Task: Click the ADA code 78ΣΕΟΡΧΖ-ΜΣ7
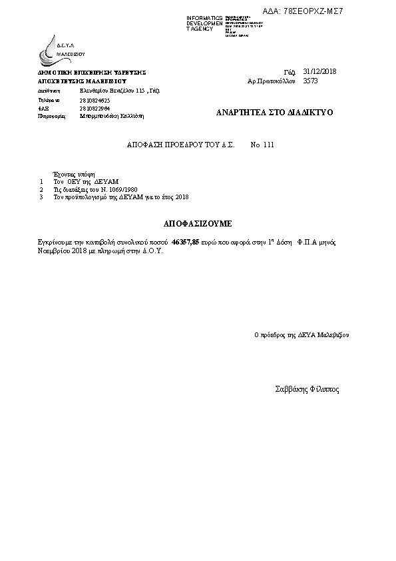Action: (312, 11)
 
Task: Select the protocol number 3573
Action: (310, 81)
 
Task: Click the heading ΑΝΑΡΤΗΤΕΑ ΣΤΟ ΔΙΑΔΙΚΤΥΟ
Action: (274, 113)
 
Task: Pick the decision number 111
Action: (268, 145)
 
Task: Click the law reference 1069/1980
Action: (114, 189)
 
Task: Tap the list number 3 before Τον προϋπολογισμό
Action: (41, 197)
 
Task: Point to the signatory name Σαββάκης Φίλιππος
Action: (307, 390)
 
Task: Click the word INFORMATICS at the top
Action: (204, 18)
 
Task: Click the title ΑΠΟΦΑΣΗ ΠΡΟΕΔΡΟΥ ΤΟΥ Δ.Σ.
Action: (180, 145)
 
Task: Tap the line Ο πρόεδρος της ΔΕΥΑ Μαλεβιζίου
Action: (301, 335)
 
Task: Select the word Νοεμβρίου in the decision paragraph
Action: (53, 253)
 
